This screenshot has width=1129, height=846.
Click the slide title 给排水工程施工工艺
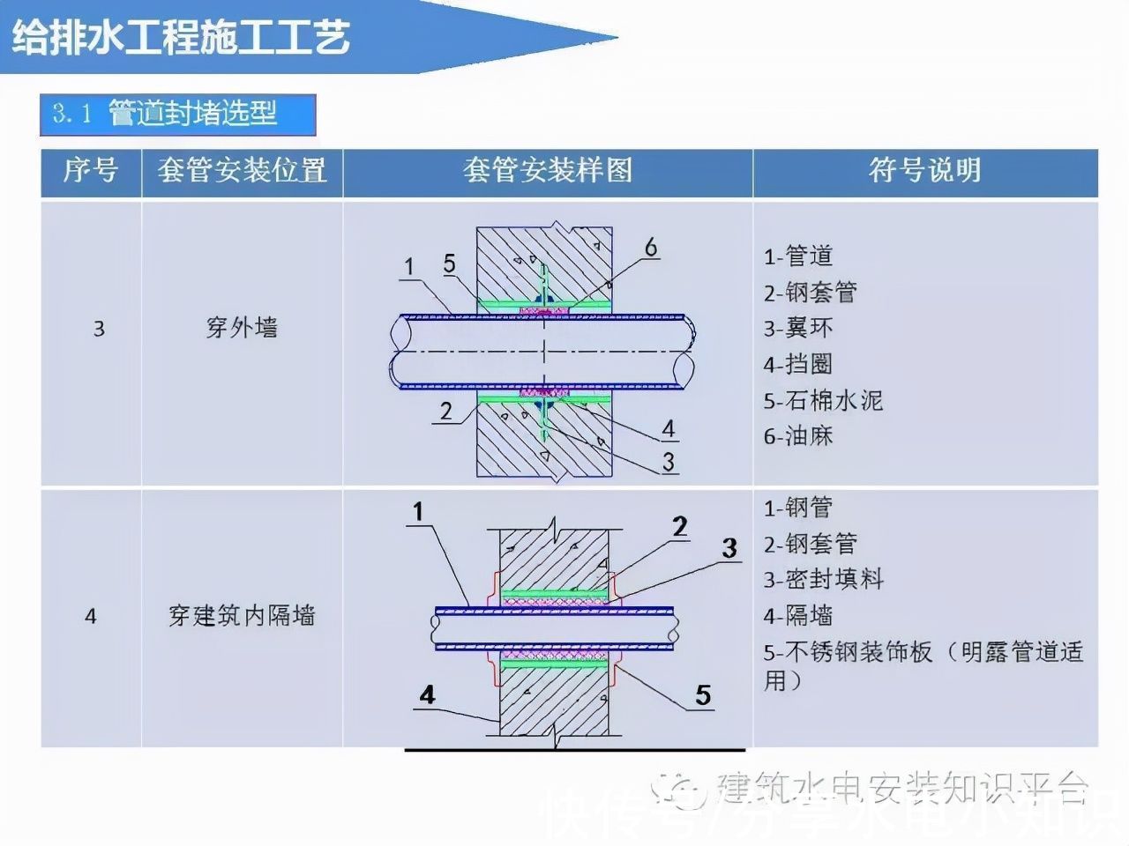[x=181, y=38]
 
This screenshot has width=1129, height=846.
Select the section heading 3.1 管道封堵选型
[x=177, y=114]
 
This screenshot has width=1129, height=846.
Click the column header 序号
[x=91, y=170]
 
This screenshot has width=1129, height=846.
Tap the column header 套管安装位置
[x=242, y=170]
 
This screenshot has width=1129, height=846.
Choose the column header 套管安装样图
[x=548, y=170]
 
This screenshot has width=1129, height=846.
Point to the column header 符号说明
[x=924, y=170]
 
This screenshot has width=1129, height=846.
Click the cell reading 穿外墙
[x=242, y=328]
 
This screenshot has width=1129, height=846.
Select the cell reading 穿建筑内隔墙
[x=242, y=615]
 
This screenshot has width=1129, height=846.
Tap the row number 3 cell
[x=99, y=329]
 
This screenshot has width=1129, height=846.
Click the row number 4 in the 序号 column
[x=91, y=616]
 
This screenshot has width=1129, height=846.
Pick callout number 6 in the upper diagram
[x=651, y=248]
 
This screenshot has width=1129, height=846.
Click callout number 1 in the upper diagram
[x=408, y=266]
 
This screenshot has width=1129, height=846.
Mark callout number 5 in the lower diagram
[x=703, y=695]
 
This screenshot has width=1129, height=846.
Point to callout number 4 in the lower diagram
[x=427, y=694]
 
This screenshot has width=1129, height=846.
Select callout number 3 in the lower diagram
[x=729, y=548]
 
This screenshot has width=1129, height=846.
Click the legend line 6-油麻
[x=798, y=435]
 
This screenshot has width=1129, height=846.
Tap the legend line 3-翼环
[x=798, y=328]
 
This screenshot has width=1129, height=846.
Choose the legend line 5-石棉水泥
[x=823, y=400]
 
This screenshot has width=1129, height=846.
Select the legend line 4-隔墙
[x=798, y=615]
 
